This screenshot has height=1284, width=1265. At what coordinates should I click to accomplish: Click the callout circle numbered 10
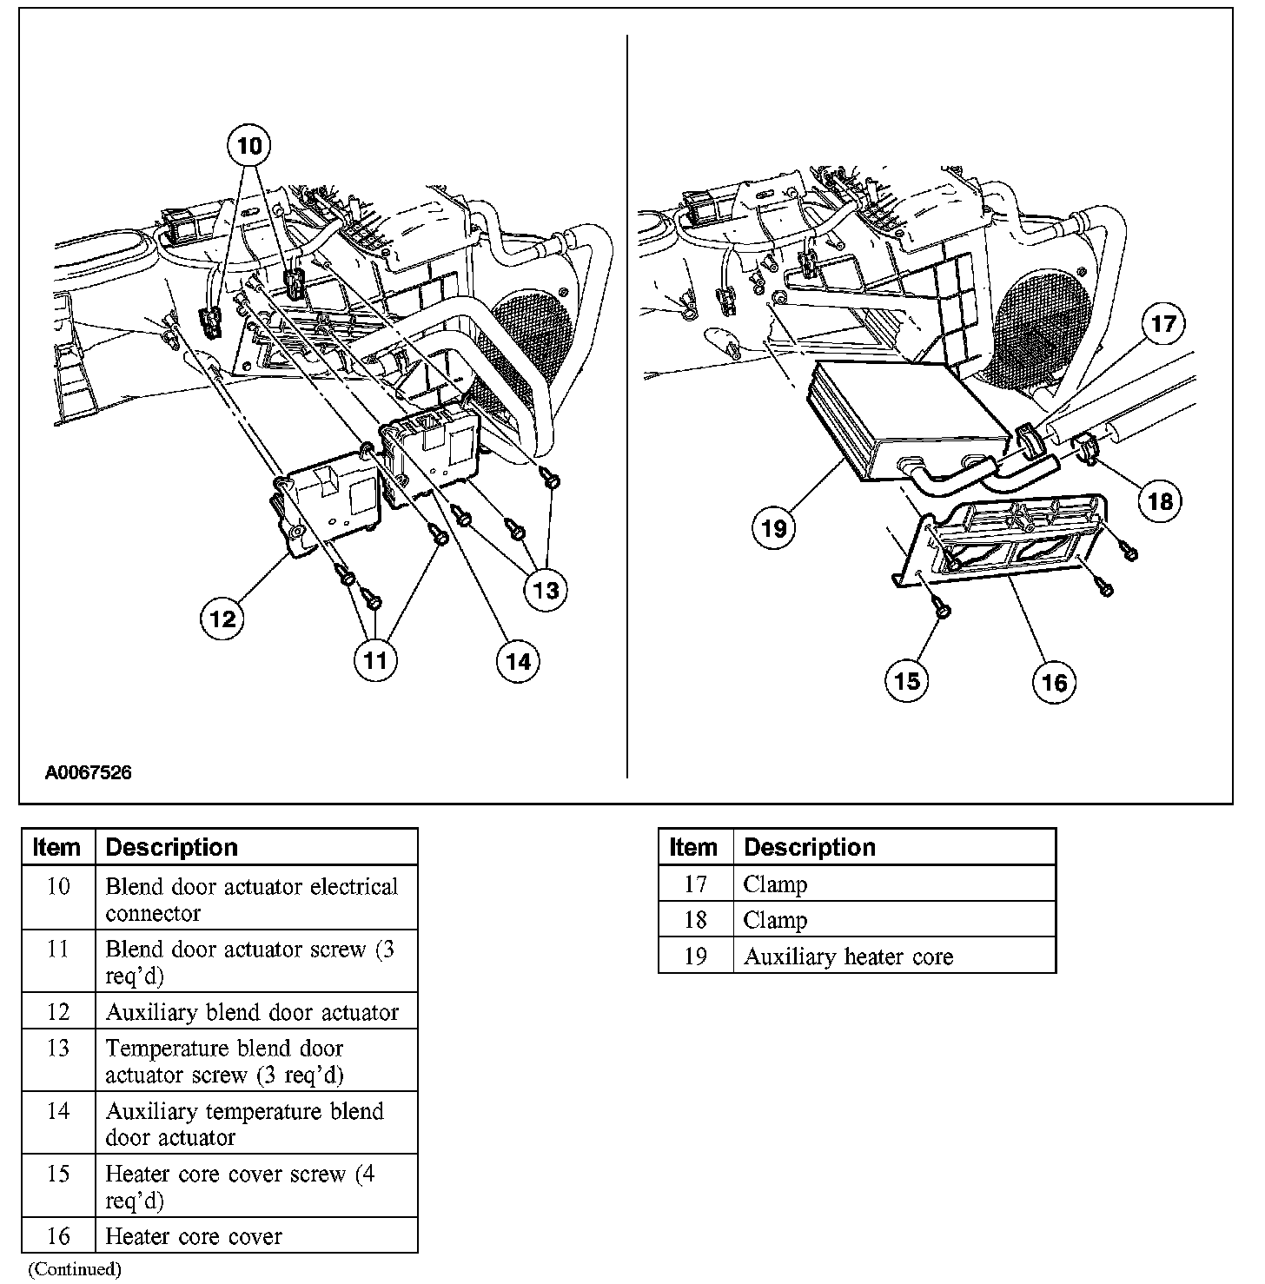248,145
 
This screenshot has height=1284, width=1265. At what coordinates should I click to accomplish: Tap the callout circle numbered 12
222,619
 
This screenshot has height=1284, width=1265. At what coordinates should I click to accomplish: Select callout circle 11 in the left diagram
375,661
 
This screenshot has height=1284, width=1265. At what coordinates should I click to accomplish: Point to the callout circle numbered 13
546,591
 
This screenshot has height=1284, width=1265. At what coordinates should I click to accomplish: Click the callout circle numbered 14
518,662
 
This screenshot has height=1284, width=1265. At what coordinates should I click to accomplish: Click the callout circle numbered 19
773,527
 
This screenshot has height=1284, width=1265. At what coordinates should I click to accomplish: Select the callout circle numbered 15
906,680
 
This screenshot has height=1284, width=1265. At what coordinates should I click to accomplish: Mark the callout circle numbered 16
1054,682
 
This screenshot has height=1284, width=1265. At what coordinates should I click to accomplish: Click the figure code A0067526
89,772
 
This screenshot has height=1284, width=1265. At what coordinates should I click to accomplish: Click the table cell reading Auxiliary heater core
848,956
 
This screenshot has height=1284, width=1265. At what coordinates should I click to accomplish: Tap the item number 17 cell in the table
695,884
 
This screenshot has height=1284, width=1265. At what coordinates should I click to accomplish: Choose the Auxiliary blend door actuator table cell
252,1012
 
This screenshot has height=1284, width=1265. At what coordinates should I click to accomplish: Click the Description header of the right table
810,847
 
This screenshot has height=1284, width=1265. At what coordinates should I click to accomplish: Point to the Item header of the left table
56,847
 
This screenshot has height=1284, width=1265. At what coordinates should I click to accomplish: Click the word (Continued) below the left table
75,1269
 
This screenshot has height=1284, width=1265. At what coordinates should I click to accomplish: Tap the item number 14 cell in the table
57,1111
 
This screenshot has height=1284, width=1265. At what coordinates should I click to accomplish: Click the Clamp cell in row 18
775,920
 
